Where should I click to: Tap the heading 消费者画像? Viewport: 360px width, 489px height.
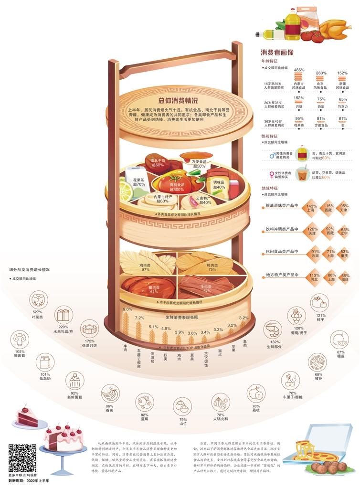277,52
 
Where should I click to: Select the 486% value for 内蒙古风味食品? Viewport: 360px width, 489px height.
299,70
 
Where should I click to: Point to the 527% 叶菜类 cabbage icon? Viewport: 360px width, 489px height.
39,300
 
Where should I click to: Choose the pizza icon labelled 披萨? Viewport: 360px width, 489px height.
317,362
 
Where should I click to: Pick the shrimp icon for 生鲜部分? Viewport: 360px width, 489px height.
273,330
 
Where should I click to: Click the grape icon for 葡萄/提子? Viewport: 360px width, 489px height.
297,316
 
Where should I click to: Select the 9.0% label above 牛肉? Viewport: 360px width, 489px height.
127,309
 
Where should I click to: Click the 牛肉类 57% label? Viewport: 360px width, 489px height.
207,288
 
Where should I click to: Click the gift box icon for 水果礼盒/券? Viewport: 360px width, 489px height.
64,315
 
